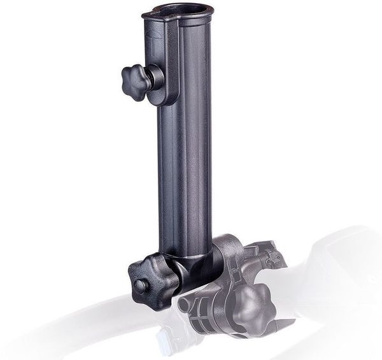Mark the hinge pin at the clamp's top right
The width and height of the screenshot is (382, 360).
[275, 257]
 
